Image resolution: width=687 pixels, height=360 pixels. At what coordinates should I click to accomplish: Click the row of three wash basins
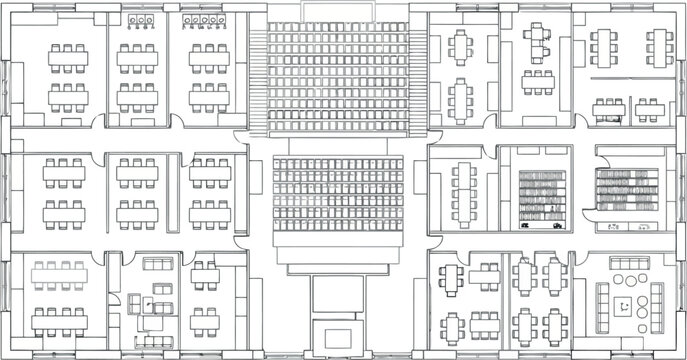tap(138, 19)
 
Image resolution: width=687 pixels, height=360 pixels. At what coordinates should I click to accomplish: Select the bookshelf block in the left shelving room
tap(542, 196)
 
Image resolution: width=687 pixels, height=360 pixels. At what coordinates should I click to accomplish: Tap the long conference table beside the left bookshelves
tap(465, 195)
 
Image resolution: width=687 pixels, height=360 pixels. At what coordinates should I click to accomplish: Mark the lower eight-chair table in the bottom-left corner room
tap(59, 321)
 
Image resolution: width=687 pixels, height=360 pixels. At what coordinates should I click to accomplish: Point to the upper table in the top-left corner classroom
tap(68, 55)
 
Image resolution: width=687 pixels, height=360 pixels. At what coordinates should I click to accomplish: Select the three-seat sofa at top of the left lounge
tap(157, 267)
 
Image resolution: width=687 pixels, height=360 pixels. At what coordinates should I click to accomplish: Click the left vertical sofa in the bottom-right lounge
tap(602, 298)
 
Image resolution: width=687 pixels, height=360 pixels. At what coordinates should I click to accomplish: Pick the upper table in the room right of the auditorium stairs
tap(461, 47)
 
